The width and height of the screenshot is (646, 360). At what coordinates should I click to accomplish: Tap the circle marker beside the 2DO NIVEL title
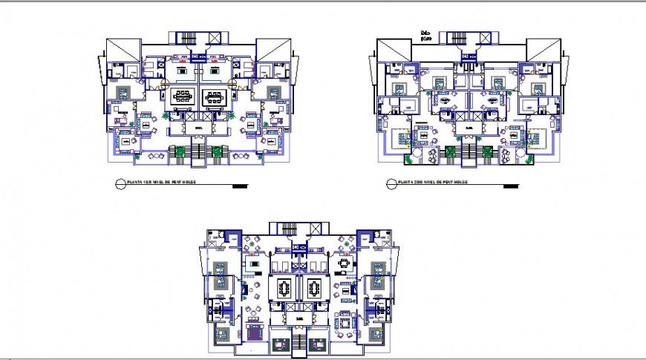[x=390, y=183]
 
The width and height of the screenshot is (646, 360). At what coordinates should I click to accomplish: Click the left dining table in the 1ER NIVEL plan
[x=183, y=96]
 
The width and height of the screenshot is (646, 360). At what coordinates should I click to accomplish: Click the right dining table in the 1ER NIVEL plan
[x=214, y=96]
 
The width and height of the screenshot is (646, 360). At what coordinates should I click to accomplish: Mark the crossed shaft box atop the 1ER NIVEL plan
[x=215, y=38]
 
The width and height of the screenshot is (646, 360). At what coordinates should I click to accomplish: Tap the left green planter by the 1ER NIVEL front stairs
[x=179, y=151]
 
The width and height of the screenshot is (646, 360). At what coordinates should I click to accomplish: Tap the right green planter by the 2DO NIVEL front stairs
[x=486, y=152]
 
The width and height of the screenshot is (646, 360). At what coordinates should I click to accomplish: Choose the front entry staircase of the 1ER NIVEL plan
[x=198, y=154]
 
